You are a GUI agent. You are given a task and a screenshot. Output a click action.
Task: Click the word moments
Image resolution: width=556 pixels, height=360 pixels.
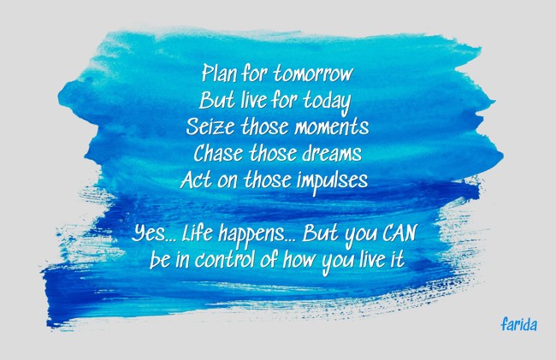tap(329, 127)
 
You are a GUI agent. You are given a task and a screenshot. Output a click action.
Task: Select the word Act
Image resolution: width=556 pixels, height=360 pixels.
tap(194, 181)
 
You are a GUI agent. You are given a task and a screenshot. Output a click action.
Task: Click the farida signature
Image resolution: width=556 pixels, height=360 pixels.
tap(518, 325)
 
